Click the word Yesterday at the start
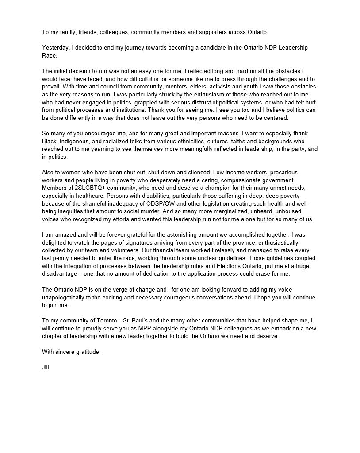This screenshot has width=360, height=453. pyautogui.click(x=56, y=47)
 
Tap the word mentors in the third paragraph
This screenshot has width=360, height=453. pyautogui.click(x=165, y=87)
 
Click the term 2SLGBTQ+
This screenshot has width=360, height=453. pyautogui.click(x=90, y=188)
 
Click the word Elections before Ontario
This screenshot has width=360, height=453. pyautogui.click(x=223, y=266)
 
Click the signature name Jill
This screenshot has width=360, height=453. pyautogui.click(x=46, y=367)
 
